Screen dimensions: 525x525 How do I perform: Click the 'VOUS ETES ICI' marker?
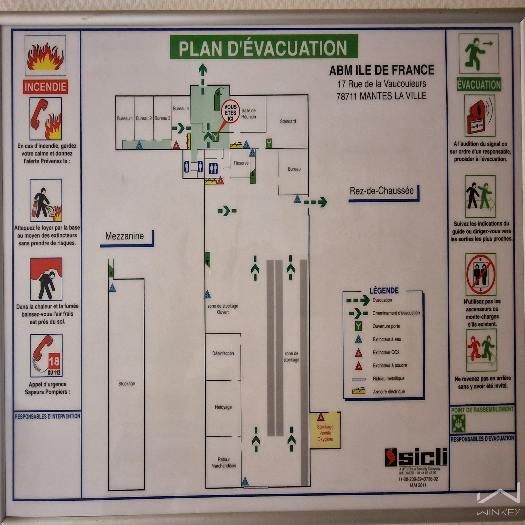(230, 112)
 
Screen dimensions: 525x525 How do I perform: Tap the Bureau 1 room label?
(125, 118)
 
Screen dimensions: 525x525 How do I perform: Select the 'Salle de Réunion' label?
(248, 114)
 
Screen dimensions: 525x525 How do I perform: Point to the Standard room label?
(288, 121)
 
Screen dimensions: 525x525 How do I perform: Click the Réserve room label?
(241, 163)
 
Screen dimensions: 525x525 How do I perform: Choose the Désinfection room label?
(223, 353)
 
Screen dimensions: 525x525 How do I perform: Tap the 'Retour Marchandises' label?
(223, 463)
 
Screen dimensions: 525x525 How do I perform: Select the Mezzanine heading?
(124, 236)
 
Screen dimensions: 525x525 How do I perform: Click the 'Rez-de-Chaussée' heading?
(382, 191)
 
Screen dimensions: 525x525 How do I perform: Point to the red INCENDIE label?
(46, 87)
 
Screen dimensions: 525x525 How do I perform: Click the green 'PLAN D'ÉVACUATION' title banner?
(263, 47)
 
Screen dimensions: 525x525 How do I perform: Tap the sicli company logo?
(416, 456)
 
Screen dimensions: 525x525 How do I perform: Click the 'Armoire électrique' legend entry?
(389, 391)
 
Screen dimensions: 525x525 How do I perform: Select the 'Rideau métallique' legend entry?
(388, 379)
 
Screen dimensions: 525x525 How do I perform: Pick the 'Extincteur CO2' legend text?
(386, 352)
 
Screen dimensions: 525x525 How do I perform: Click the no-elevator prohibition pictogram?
(481, 275)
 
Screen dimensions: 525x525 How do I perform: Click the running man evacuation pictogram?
(479, 53)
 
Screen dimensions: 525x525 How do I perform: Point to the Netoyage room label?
(223, 407)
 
